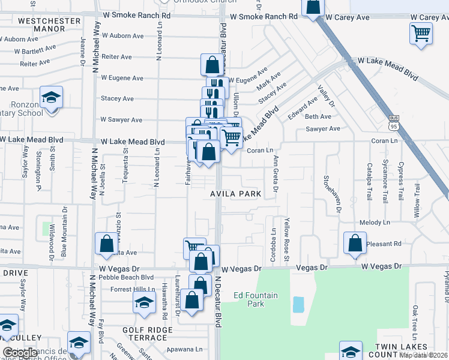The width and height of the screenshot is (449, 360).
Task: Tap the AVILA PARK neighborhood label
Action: [x=235, y=194]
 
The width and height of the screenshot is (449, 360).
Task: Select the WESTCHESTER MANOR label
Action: [x=41, y=25]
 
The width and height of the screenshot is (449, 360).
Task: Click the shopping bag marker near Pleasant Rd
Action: [x=355, y=242]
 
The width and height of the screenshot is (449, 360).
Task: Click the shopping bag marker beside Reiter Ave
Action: [x=212, y=64]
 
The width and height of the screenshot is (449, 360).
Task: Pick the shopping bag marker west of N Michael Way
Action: [x=106, y=244]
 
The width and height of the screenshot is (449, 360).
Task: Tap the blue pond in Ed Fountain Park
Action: [x=298, y=305]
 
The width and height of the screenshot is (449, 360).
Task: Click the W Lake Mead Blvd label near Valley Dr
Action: [x=387, y=61]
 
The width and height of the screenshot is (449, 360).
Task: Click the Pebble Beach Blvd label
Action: [x=127, y=277]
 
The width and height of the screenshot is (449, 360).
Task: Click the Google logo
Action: [x=20, y=353]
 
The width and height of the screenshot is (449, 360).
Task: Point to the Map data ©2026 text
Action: [x=423, y=355]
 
